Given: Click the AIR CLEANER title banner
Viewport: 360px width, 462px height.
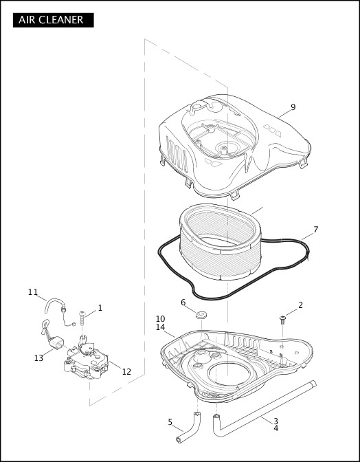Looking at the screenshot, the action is point(52,20).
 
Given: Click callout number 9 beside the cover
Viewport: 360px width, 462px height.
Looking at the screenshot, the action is point(293,107).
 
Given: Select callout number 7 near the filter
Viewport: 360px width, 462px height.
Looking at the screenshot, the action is point(315,230).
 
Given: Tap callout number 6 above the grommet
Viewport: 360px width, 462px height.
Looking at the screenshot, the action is point(183,302).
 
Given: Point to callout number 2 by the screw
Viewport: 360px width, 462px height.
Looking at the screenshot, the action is point(300,305).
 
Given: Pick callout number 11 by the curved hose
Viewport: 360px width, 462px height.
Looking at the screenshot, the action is point(33,292).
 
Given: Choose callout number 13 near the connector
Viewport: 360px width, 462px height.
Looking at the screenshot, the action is point(38,358).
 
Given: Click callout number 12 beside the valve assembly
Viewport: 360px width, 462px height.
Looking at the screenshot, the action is point(126,372).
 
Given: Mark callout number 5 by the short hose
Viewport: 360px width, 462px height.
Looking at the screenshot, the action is point(170,422).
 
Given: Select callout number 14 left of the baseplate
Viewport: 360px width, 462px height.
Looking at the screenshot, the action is point(160,328).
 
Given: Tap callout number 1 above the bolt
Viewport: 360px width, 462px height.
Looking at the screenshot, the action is point(100,308).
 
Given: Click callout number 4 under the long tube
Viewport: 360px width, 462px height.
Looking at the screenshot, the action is point(275,429).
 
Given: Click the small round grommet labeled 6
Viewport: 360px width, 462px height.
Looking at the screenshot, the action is point(201,316).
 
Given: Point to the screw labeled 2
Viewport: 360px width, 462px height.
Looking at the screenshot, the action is point(283,318).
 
